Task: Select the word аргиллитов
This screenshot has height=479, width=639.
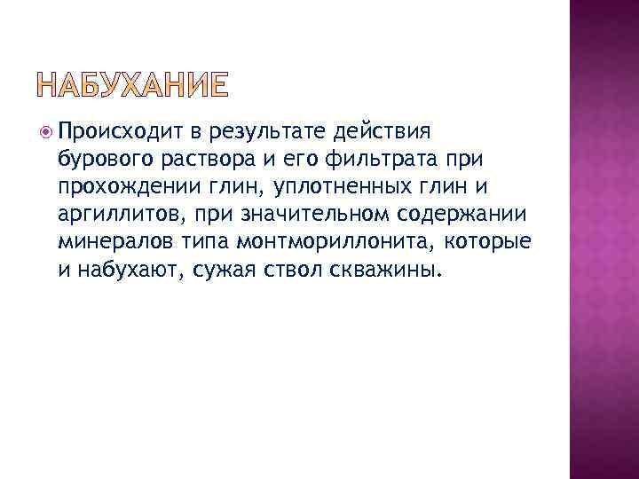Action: (107, 215)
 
